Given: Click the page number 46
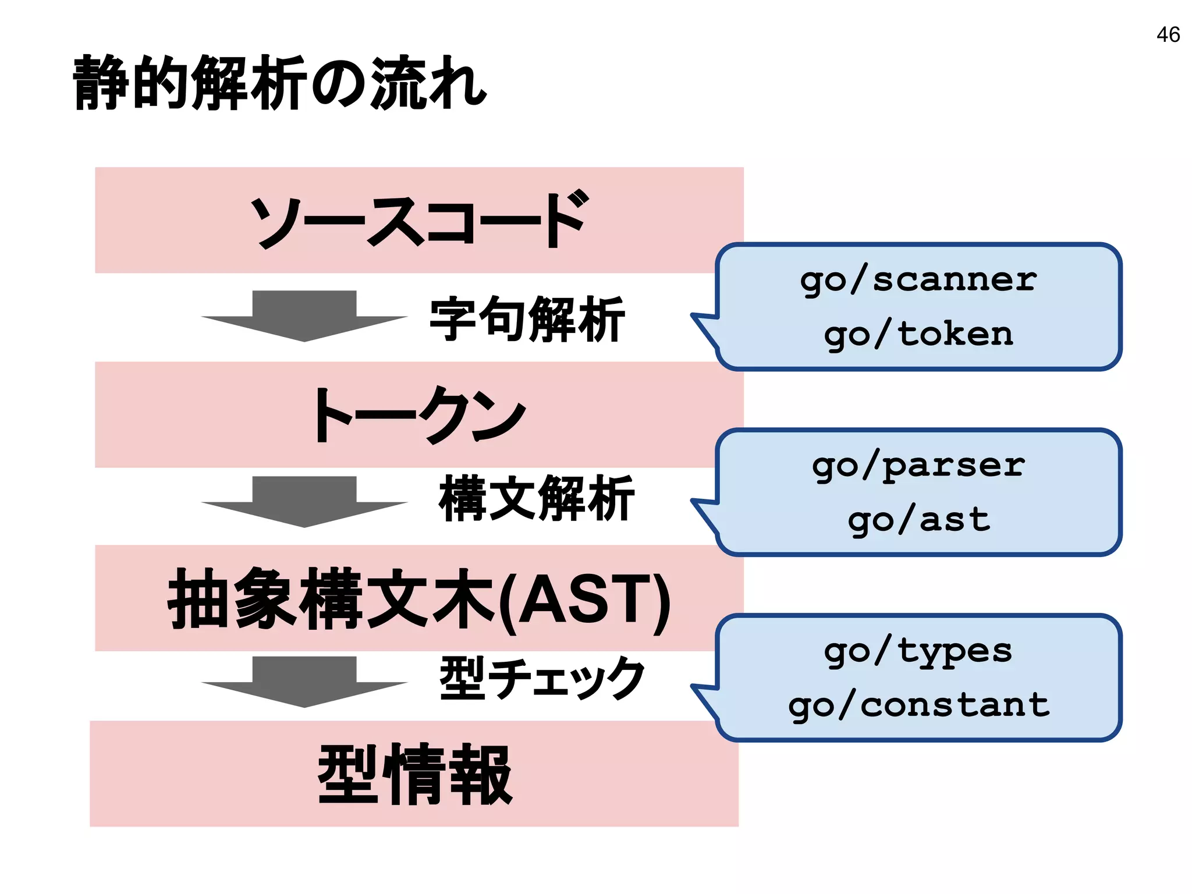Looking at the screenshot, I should [x=1168, y=35].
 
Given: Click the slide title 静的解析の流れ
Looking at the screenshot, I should [x=279, y=83].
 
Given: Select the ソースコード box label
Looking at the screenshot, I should [x=419, y=220].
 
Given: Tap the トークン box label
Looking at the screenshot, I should [x=419, y=414].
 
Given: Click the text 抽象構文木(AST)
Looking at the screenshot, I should [x=419, y=599].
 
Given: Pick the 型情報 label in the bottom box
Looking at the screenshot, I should [x=414, y=774].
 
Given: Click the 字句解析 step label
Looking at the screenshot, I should [x=527, y=319].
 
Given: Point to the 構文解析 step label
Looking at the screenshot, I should [x=535, y=498].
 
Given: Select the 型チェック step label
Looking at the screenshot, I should [x=541, y=678].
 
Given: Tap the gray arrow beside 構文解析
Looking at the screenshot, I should [x=304, y=501].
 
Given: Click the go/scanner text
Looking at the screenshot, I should [x=918, y=281].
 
